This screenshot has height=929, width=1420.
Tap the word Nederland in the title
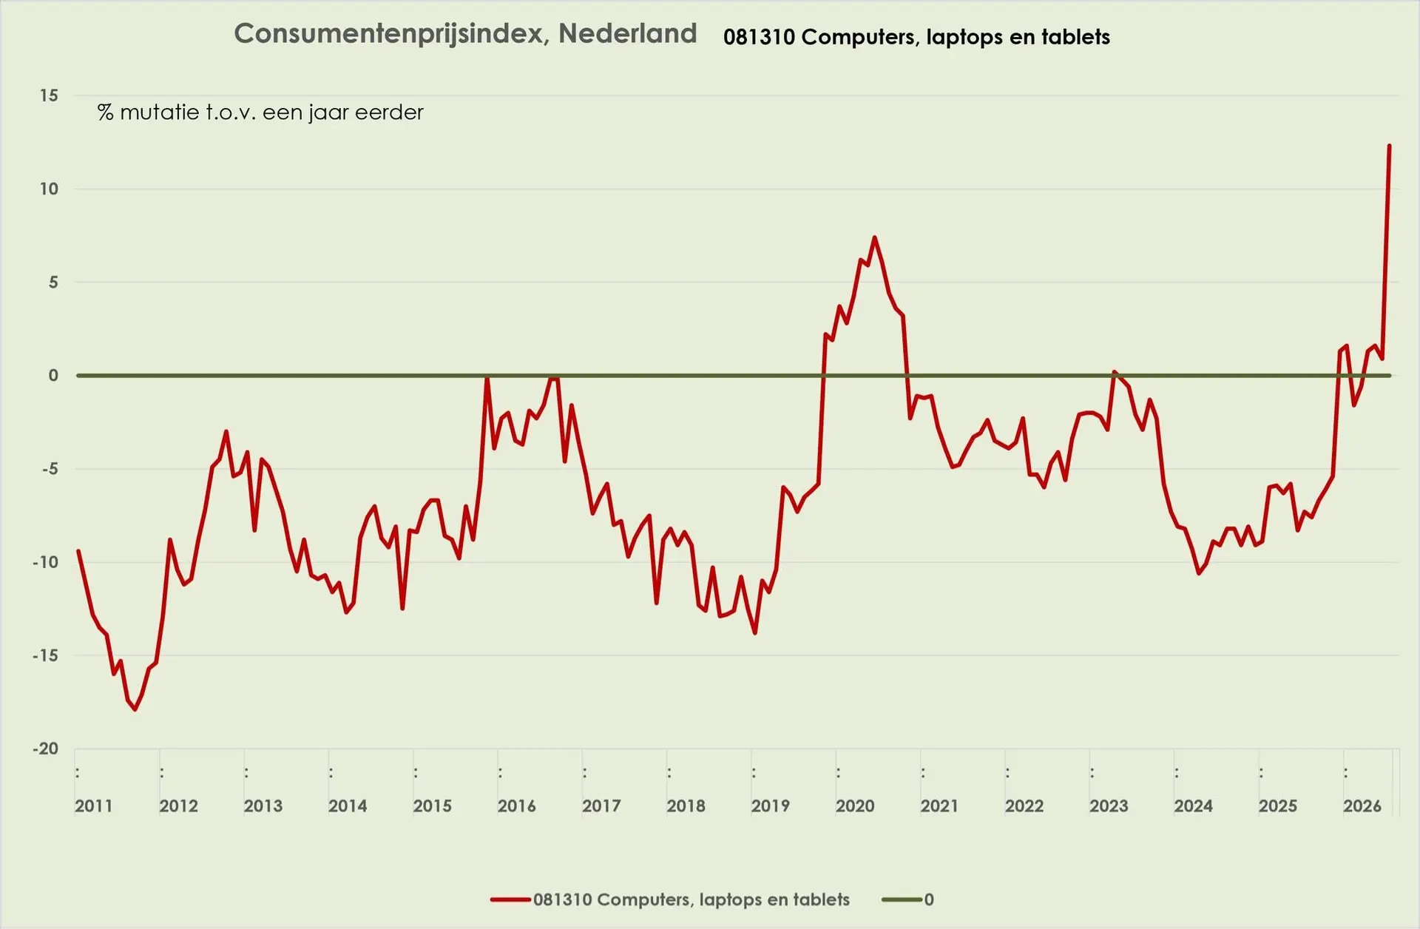pyautogui.click(x=628, y=33)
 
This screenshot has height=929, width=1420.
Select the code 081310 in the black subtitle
pyautogui.click(x=759, y=37)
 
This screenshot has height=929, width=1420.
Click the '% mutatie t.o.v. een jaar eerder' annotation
pyautogui.click(x=260, y=112)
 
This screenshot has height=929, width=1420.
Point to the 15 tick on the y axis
pyautogui.click(x=49, y=95)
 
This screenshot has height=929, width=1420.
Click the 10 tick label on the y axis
pyautogui.click(x=49, y=189)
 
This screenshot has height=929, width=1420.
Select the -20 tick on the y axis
pyautogui.click(x=45, y=749)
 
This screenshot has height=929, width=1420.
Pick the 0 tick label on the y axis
pyautogui.click(x=53, y=376)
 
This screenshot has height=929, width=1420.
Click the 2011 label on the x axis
pyautogui.click(x=94, y=806)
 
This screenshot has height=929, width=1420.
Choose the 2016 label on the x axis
pyautogui.click(x=517, y=806)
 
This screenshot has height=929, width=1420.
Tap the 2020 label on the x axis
pyautogui.click(x=855, y=806)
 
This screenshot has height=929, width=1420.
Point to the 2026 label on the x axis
pyautogui.click(x=1362, y=806)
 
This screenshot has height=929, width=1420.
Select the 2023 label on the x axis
pyautogui.click(x=1109, y=806)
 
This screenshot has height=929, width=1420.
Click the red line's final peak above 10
pyautogui.click(x=1389, y=146)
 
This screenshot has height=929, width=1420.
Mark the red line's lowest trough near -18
pyautogui.click(x=135, y=709)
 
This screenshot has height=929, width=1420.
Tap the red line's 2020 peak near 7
pyautogui.click(x=874, y=237)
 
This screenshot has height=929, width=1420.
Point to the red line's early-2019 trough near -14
pyautogui.click(x=754, y=632)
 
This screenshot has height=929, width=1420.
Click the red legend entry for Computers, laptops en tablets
pyautogui.click(x=670, y=899)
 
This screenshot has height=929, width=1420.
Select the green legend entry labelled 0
pyautogui.click(x=908, y=899)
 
